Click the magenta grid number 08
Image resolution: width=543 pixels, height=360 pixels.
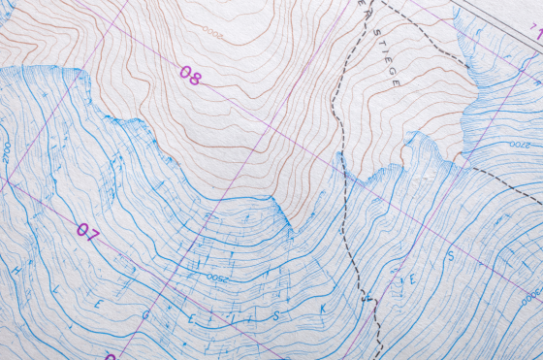(x=190, y=76)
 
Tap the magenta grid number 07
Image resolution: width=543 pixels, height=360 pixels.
(x=88, y=233)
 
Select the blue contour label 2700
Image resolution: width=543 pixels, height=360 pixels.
(x=6, y=152)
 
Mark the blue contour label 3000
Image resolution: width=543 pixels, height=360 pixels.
(x=529, y=291)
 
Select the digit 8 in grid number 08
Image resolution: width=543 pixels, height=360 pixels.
(x=195, y=78)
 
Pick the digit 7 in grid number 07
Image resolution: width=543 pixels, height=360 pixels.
(x=93, y=235)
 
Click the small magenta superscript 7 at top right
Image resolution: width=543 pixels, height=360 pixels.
(x=536, y=33)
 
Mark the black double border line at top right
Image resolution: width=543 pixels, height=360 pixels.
(x=495, y=11)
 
